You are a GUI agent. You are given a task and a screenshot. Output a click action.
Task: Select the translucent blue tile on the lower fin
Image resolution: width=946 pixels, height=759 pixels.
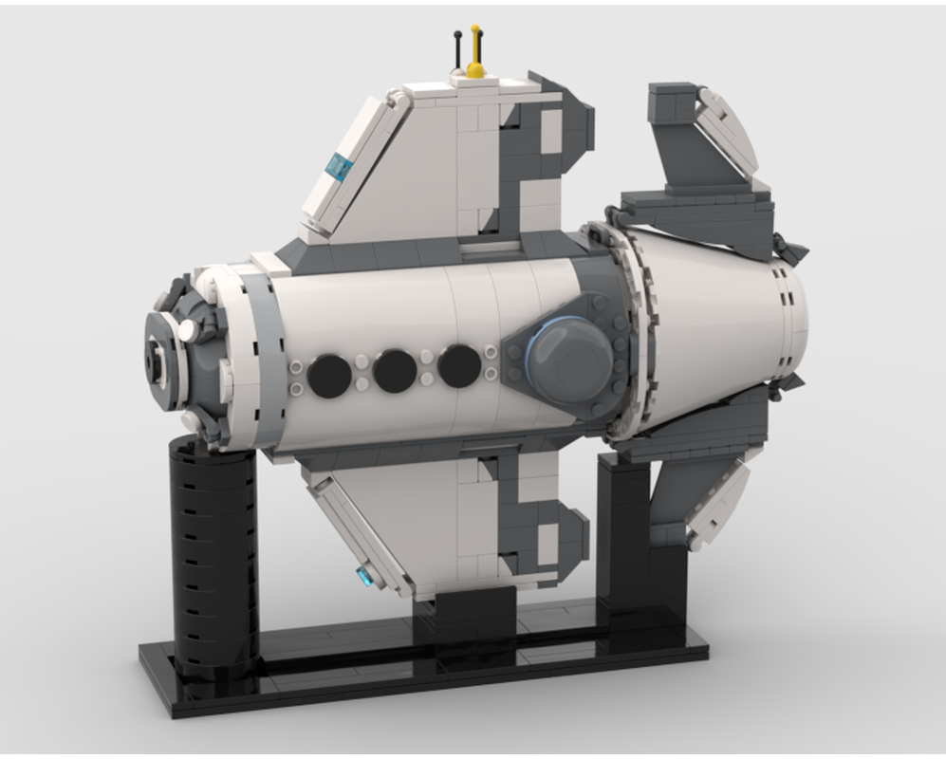[x=363, y=575]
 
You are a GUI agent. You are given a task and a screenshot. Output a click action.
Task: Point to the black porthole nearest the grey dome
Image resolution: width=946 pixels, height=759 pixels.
[x=459, y=364]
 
